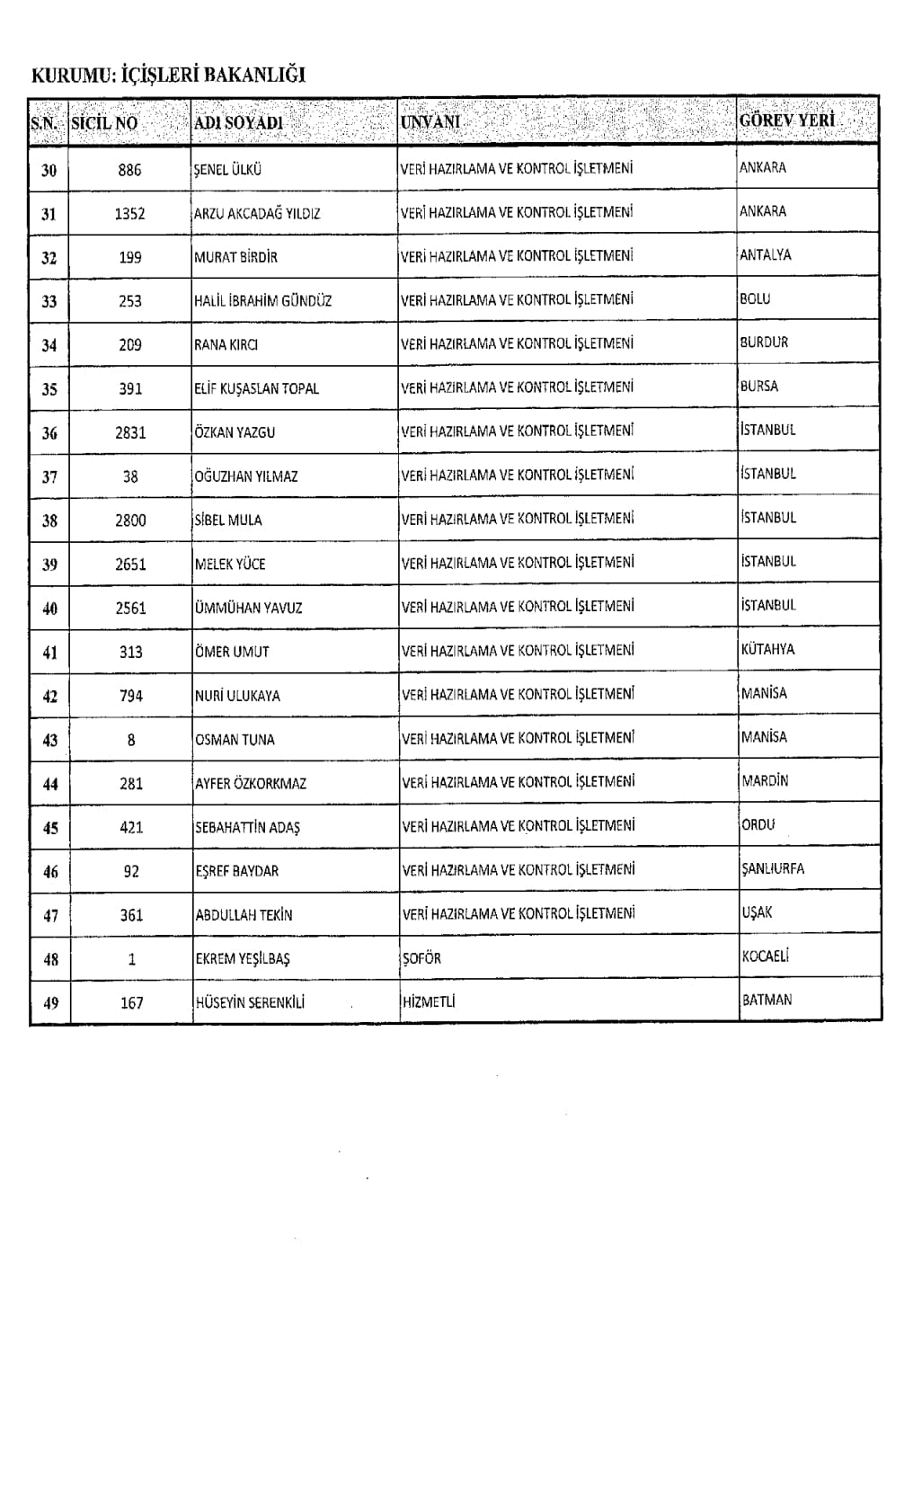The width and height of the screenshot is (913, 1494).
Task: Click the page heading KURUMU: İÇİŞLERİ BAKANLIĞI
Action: pyautogui.click(x=168, y=76)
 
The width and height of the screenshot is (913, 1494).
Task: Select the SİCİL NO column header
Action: pyautogui.click(x=104, y=122)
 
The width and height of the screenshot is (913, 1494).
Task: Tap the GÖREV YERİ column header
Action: pyautogui.click(x=786, y=120)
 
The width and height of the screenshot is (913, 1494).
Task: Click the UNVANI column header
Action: pyautogui.click(x=430, y=121)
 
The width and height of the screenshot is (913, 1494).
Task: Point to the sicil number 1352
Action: pyautogui.click(x=129, y=214)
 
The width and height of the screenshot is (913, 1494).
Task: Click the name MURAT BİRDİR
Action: pyautogui.click(x=235, y=257)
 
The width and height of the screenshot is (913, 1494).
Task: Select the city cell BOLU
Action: pyautogui.click(x=755, y=298)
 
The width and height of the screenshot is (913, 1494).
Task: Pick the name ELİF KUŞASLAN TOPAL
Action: pyautogui.click(x=256, y=388)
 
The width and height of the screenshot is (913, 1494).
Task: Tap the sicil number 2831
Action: pyautogui.click(x=130, y=432)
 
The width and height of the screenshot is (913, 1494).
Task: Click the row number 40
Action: pyautogui.click(x=49, y=609)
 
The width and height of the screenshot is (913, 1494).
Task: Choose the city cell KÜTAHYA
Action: pyautogui.click(x=767, y=649)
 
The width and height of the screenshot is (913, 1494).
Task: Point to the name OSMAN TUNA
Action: pyautogui.click(x=235, y=740)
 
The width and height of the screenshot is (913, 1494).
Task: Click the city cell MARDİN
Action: pyautogui.click(x=765, y=781)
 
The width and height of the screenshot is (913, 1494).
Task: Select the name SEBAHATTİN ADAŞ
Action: pyautogui.click(x=247, y=827)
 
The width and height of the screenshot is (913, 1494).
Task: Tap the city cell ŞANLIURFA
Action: pyautogui.click(x=773, y=868)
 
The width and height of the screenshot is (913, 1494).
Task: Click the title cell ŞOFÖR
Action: pyautogui.click(x=421, y=958)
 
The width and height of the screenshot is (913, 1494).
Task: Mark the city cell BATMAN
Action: pyautogui.click(x=767, y=1000)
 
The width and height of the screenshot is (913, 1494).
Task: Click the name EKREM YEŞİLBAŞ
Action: pyautogui.click(x=243, y=959)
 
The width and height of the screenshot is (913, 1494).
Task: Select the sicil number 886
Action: pyautogui.click(x=129, y=170)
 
